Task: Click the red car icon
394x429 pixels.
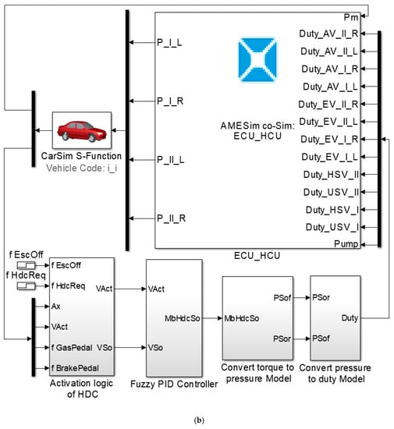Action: click(82, 131)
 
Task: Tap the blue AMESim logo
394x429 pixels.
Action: click(257, 59)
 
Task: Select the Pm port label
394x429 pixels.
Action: click(351, 17)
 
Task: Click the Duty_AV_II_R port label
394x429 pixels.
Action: click(328, 34)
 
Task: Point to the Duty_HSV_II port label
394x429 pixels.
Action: click(331, 175)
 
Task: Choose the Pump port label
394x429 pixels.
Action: click(346, 244)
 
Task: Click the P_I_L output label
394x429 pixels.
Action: click(169, 43)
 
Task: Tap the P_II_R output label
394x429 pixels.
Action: click(172, 218)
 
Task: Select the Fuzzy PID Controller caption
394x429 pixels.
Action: click(174, 384)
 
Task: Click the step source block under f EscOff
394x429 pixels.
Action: click(26, 265)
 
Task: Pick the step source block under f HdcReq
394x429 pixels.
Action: click(26, 286)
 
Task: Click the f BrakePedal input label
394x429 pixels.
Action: click(75, 368)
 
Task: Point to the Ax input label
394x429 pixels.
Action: click(56, 307)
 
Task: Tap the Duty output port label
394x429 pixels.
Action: click(350, 318)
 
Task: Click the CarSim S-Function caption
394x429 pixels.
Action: click(81, 156)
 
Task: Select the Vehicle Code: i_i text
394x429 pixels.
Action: click(82, 168)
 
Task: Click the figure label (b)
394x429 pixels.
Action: click(199, 420)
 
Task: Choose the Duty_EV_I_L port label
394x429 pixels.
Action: click(330, 157)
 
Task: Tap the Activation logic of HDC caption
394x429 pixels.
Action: click(82, 388)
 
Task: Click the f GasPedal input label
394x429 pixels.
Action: click(72, 347)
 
